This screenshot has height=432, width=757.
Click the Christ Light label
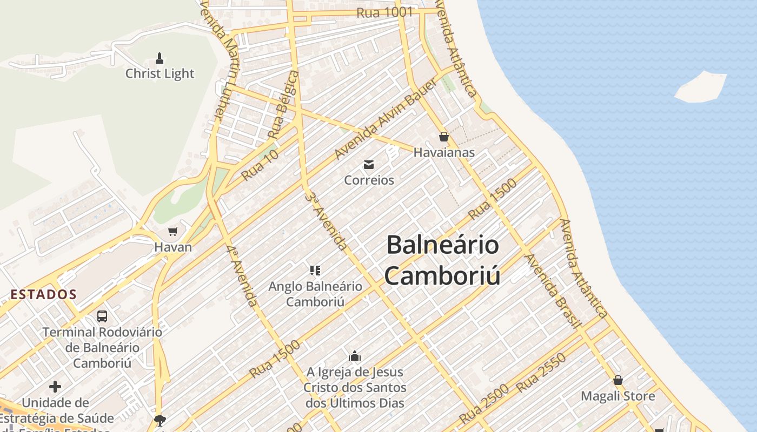[x=160, y=73]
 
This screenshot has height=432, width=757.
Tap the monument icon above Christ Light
[x=160, y=57]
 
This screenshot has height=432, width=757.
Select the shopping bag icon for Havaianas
[x=444, y=137]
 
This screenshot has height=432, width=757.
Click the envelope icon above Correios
[x=369, y=164]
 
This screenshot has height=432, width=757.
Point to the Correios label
[x=369, y=180]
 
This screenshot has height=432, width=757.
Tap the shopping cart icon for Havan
[x=173, y=232]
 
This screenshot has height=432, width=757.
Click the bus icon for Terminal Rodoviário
[x=102, y=316]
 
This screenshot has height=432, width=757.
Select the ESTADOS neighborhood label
[x=44, y=294]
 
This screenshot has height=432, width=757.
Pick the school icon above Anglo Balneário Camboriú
[x=315, y=270]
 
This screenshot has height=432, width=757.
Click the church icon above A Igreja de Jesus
[x=355, y=356]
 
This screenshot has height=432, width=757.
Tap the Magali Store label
[x=617, y=396]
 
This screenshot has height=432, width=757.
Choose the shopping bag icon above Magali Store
[x=618, y=380]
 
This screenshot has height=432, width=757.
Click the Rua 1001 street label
[x=384, y=12]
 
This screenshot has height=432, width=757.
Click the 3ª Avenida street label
[x=327, y=220]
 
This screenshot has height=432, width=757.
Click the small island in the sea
[x=701, y=87]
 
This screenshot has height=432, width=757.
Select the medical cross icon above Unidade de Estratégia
[x=55, y=387]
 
